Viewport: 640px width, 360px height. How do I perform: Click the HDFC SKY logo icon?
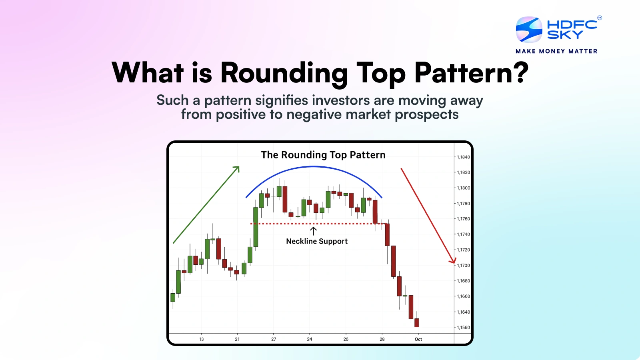coord(529,30)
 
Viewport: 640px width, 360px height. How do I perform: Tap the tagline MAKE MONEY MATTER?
coord(556,51)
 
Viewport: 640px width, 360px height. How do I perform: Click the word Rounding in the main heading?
coord(284,73)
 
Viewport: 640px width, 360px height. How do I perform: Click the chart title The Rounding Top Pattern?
coord(323,155)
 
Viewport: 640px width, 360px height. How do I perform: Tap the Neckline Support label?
coord(317,241)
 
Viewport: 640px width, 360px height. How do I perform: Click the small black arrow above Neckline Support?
coord(313,231)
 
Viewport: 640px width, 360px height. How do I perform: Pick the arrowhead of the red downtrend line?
coord(454,261)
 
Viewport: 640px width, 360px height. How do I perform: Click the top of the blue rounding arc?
coord(314,166)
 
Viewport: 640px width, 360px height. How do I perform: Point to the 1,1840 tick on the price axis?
coord(463,157)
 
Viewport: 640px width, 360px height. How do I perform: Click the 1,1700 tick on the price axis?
coord(463,266)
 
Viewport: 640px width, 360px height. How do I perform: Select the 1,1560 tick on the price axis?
coord(463,328)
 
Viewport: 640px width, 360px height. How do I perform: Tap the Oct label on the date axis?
coord(418,339)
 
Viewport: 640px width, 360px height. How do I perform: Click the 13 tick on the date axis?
coord(201,339)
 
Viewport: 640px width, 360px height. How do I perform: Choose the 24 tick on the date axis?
coord(310,339)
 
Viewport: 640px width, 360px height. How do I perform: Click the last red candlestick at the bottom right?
coord(417,322)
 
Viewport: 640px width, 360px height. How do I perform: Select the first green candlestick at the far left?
coord(173,297)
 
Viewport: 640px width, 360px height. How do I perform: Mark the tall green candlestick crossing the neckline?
coord(256,227)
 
